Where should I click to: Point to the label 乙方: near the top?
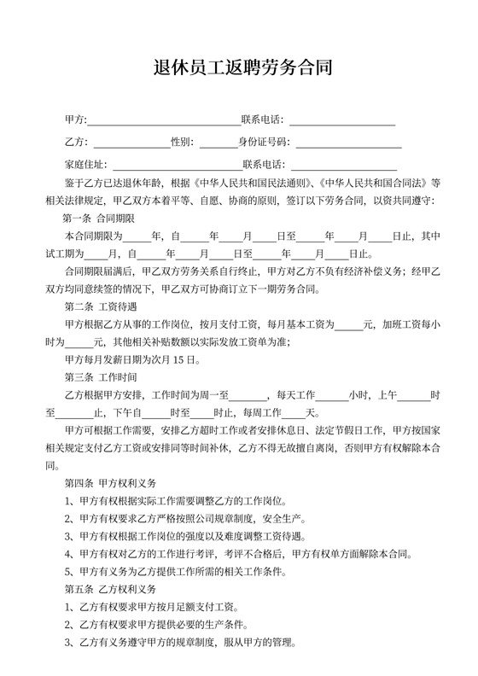coord(75,143)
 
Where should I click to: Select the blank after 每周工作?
coord(306,413)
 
